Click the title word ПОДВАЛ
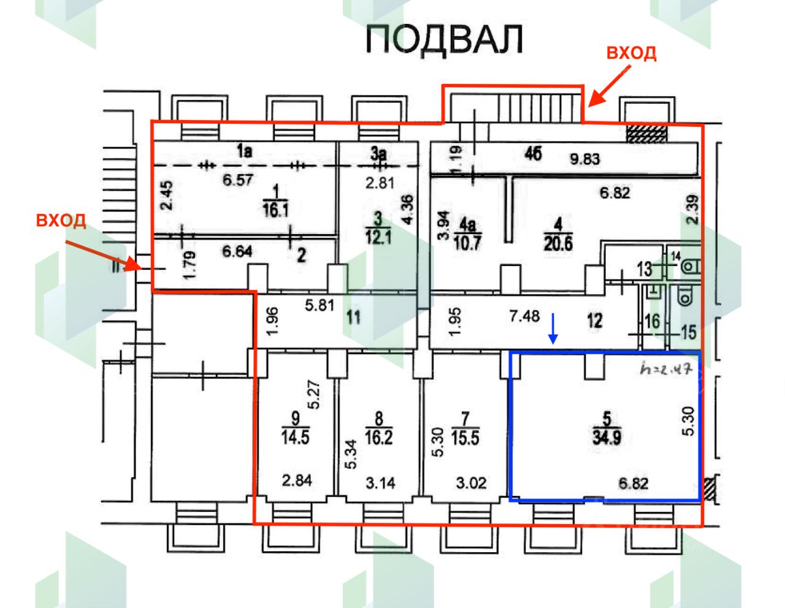coord(445,40)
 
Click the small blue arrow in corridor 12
coord(553,329)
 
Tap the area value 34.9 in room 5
coord(607,438)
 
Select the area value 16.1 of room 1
coord(276,210)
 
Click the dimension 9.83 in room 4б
coord(585,159)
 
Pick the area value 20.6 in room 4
coord(558,244)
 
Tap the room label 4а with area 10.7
coord(467,226)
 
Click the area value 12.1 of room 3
coord(378,237)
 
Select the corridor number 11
coord(353,317)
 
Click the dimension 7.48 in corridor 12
coord(524,316)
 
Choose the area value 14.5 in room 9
coord(295,438)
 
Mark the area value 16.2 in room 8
coord(378,438)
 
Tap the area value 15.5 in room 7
coord(465,438)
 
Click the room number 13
coord(644,269)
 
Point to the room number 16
coord(653,321)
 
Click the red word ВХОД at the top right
coord(631,53)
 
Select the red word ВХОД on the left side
coord(61,220)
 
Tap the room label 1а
coord(245,151)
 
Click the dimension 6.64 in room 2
coord(237,251)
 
